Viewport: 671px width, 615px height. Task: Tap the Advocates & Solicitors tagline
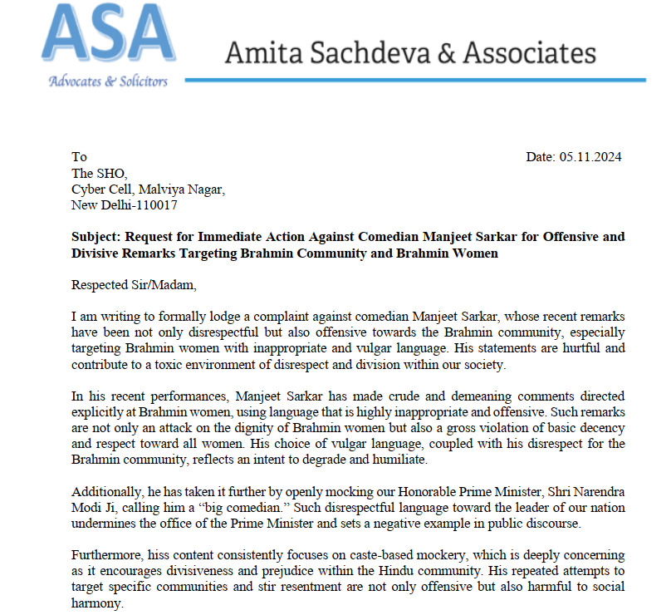click(x=108, y=81)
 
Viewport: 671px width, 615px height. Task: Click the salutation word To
click(x=79, y=157)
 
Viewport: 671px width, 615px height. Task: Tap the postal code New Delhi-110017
click(x=125, y=204)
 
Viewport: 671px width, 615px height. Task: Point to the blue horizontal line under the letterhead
click(x=415, y=80)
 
